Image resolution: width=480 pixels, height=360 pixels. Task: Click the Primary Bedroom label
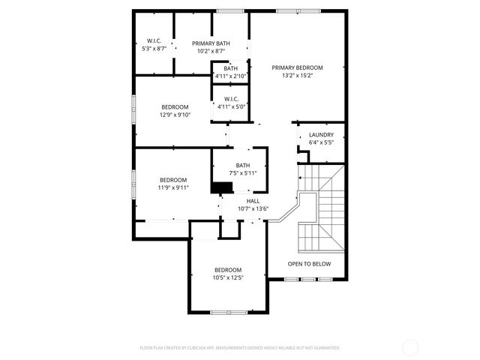298,67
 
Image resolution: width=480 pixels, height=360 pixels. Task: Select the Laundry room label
321,135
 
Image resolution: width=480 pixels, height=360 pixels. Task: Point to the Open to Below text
310,264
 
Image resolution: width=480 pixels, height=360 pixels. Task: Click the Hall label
253,201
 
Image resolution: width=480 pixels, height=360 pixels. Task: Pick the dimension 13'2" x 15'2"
298,75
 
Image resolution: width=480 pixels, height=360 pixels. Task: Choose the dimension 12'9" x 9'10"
175,115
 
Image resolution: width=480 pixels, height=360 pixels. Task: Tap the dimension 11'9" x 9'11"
172,187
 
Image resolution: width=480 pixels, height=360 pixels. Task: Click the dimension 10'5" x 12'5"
228,277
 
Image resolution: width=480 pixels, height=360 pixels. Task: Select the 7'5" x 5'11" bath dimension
243,173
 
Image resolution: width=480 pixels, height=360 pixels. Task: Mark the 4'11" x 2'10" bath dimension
230,76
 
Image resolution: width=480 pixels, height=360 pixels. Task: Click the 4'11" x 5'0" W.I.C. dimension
231,106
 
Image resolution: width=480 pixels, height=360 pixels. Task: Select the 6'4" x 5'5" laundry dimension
321,142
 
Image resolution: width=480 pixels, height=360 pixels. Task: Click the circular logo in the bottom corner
410,348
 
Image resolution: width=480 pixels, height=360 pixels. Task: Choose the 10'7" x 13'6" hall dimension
253,208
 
